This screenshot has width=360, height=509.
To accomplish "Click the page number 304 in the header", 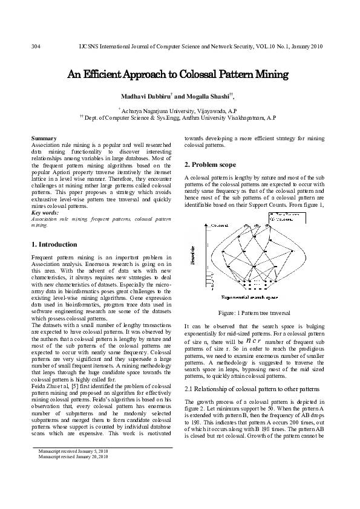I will (36, 47).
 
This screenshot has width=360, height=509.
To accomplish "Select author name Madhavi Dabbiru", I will (146, 97).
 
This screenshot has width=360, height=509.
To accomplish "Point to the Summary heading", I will (44, 138).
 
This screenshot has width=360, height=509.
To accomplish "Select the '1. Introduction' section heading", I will (54, 244).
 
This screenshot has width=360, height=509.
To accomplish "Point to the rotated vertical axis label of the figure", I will (192, 255).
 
